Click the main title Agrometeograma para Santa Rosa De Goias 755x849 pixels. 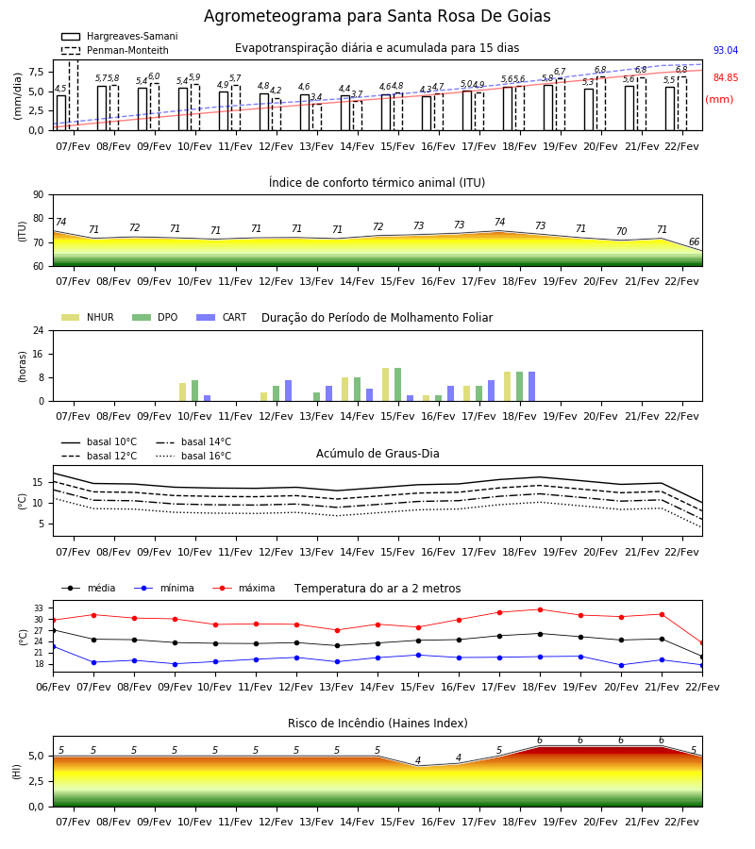377,16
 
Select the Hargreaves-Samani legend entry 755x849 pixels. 120,36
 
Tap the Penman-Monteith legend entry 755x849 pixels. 115,50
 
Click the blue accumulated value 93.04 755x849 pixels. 726,50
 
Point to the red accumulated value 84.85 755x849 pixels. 726,77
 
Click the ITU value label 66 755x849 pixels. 694,241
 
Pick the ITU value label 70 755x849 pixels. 621,231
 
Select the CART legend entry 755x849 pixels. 222,317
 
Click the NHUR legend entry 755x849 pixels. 88,317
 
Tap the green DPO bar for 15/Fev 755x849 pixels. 397,385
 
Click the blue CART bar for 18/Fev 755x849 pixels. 532,387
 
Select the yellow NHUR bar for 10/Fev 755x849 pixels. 182,392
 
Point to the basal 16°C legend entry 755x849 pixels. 193,456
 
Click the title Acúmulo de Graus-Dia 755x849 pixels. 377,453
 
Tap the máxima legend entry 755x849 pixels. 243,588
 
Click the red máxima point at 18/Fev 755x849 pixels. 540,609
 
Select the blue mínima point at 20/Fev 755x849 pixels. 621,665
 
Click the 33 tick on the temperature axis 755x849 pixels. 39,608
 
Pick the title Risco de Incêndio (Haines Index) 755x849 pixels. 377,723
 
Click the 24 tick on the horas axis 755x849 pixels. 39,331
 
